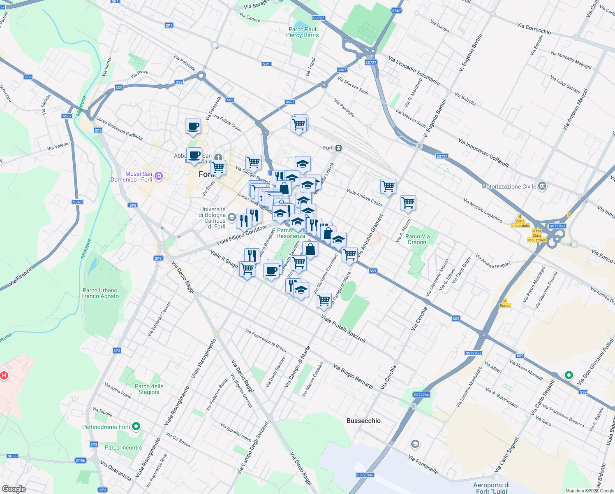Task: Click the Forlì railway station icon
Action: point(338,148)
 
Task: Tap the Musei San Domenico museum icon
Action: point(159,177)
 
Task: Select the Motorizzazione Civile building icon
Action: point(542,186)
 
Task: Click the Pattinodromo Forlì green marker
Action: point(137,427)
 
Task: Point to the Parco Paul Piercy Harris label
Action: point(302,32)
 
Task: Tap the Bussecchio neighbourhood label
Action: point(363,421)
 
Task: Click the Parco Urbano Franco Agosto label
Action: point(100,293)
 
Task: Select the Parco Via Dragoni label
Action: point(417,239)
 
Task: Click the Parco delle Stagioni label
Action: point(149,389)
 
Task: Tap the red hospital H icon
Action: point(5,375)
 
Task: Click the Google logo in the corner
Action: point(14,489)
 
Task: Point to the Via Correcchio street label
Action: point(534,28)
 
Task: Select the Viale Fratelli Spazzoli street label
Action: point(343,329)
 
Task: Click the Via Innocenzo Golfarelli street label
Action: point(483,153)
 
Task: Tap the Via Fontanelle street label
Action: point(423,464)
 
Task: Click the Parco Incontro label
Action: point(123,447)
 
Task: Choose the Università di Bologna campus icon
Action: point(231,217)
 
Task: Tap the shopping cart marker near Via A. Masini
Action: point(408,203)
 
